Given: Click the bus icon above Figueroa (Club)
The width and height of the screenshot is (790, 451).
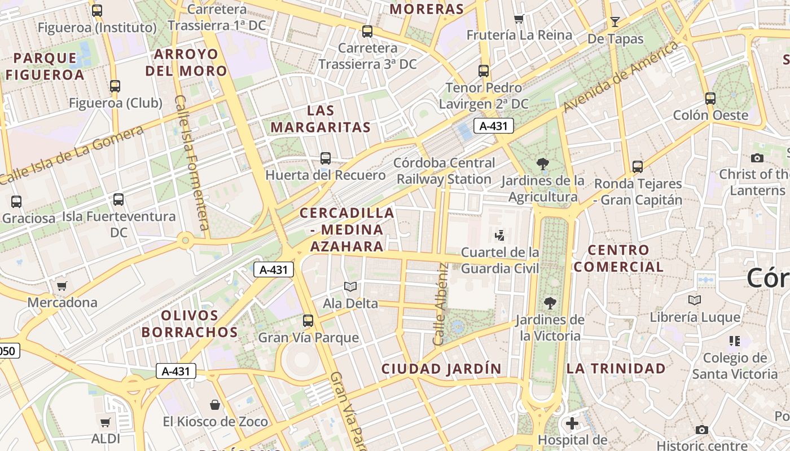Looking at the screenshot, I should click(115, 86).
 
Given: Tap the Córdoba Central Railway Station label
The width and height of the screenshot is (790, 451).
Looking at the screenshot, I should click(445, 171).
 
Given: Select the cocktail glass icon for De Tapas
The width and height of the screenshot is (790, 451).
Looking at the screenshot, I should click(615, 22).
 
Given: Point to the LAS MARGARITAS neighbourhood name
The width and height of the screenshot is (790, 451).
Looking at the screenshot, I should click(321, 119).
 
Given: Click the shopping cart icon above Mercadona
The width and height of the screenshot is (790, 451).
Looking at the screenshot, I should click(62, 286).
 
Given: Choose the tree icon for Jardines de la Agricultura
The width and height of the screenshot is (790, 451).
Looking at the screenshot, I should click(543, 164).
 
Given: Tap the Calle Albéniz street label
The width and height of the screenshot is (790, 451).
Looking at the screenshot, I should click(440, 304).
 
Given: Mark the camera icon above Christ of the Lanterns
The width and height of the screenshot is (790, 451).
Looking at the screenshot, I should click(757, 158).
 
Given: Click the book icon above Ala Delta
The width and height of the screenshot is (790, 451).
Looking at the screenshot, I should click(350, 287).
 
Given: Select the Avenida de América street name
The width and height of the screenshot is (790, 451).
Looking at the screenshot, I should click(621, 77).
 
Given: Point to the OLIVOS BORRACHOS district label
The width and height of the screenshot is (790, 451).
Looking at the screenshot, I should click(190, 324).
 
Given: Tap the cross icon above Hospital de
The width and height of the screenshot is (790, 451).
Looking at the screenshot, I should click(572, 423).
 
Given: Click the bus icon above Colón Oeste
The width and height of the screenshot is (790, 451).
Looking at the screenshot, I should click(710, 99).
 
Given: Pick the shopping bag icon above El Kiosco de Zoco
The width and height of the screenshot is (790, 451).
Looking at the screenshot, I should click(215, 405).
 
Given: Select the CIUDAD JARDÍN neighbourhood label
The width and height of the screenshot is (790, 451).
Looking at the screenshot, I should click(441, 369).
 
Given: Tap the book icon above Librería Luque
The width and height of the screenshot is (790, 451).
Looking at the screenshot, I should click(695, 300).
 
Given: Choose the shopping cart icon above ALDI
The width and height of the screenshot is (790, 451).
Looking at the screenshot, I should click(106, 422).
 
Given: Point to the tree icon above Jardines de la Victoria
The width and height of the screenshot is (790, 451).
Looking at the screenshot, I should click(550, 303).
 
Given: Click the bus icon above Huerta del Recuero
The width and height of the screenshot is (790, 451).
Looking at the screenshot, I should click(326, 158).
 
